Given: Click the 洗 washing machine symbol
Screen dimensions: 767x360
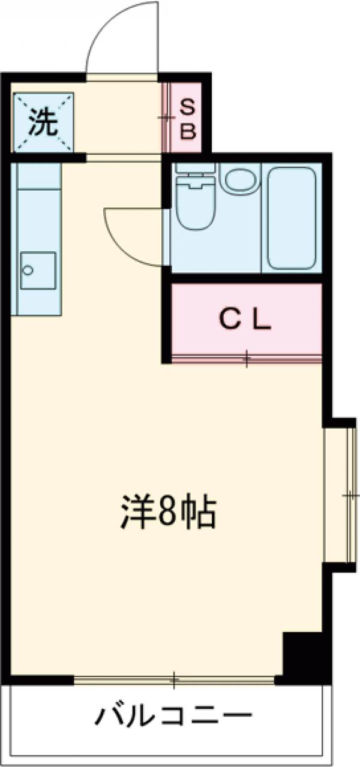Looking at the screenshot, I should [x=43, y=122].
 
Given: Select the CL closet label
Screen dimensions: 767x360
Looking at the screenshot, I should [x=246, y=321].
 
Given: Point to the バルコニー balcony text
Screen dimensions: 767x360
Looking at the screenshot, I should [x=173, y=715].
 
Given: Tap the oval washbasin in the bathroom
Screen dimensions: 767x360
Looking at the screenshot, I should [x=241, y=180].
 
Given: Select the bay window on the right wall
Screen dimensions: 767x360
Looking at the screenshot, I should [x=339, y=495].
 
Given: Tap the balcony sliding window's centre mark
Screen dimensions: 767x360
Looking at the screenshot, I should [x=174, y=679].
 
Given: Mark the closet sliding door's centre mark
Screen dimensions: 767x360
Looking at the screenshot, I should [x=247, y=359].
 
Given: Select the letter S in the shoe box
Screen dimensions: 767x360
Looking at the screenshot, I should [x=188, y=108].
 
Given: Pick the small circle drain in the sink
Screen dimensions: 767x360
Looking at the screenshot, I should [x=27, y=270].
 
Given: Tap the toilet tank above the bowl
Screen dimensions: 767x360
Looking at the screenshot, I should [x=196, y=176].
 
